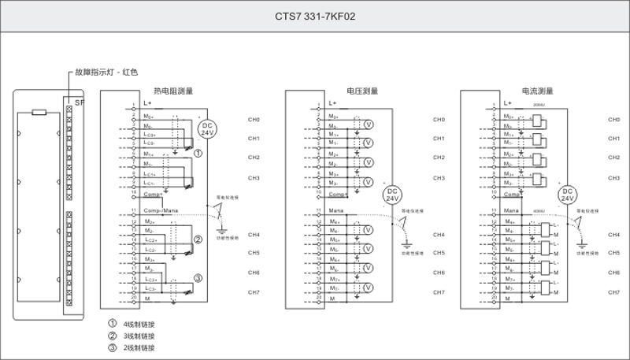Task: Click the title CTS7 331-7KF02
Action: pyautogui.click(x=315, y=15)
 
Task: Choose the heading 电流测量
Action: pyautogui.click(x=537, y=91)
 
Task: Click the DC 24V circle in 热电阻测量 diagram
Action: pyautogui.click(x=207, y=129)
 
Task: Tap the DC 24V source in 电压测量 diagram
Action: pyautogui.click(x=391, y=195)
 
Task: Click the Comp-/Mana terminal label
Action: pyautogui.click(x=161, y=210)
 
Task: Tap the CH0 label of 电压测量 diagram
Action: pyautogui.click(x=439, y=120)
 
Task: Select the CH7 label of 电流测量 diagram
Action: pyautogui.click(x=614, y=292)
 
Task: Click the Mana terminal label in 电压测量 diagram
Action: pyautogui.click(x=335, y=210)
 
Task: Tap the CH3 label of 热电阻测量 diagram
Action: pyautogui.click(x=254, y=177)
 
